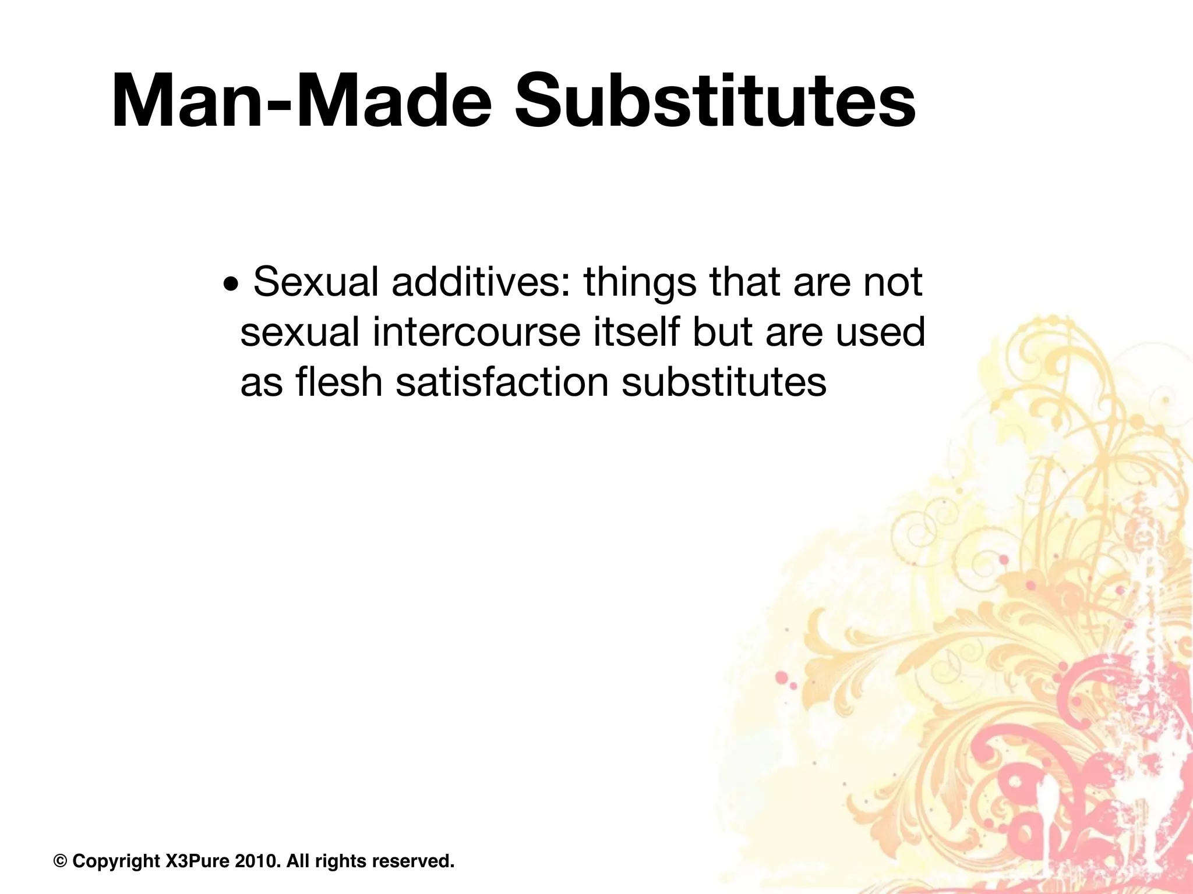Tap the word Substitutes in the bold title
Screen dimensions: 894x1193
715,100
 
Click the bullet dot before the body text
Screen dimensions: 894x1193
231,286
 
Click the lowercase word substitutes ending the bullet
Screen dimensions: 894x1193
724,382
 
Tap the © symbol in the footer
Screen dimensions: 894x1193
60,861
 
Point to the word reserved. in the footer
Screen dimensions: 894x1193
413,861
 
